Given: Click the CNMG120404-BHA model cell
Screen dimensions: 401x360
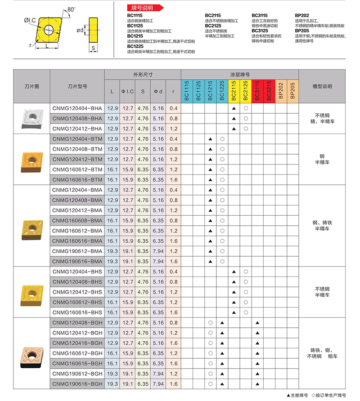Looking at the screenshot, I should (x=77, y=108).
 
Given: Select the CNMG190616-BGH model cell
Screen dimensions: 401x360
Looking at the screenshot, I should (x=77, y=384).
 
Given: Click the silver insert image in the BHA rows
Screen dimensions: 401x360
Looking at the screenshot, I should (x=31, y=118).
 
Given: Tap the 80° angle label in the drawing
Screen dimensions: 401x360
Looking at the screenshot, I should (x=72, y=9).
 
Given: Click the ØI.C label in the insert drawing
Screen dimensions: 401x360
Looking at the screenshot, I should (x=30, y=21).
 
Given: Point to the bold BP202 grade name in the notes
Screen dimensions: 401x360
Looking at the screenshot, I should (x=302, y=15).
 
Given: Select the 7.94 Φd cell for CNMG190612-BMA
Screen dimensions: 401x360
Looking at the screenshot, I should (x=158, y=251).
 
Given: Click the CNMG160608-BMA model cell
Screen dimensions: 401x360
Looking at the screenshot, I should (x=77, y=221).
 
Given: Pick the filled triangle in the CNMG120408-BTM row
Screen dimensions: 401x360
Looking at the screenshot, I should (x=210, y=149).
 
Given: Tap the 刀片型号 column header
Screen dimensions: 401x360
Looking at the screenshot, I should (x=77, y=86).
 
